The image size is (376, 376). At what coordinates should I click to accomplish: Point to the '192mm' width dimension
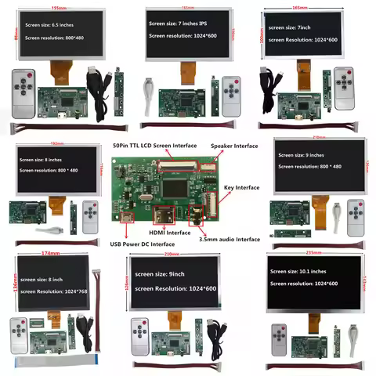pyautogui.click(x=55, y=144)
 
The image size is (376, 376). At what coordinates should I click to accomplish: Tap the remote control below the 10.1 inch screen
pyautogui.click(x=278, y=339)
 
